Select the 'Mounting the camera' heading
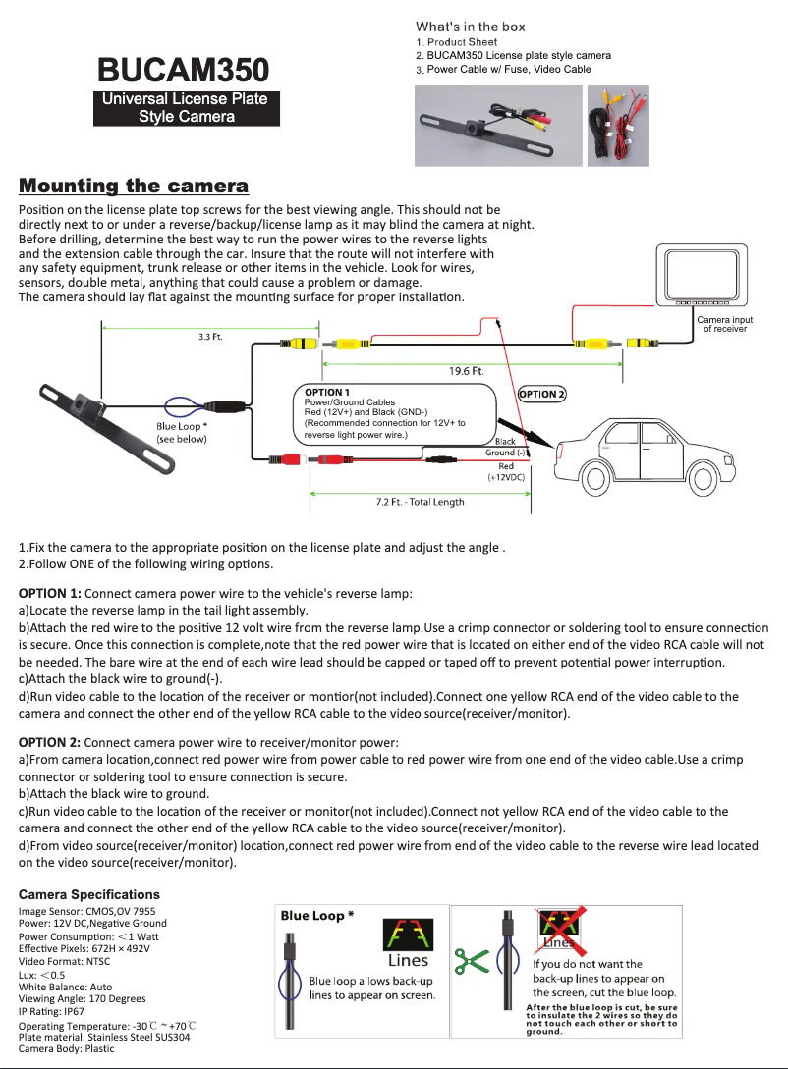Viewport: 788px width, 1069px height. click(x=135, y=186)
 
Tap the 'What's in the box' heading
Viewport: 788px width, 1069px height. click(x=470, y=27)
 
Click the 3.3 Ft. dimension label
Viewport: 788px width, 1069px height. click(x=210, y=337)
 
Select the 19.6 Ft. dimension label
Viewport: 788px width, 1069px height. click(x=466, y=371)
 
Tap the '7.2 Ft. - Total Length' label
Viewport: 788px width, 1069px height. click(x=420, y=502)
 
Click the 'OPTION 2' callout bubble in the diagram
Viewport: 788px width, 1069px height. click(x=542, y=394)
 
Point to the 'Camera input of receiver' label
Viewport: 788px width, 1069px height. click(x=724, y=324)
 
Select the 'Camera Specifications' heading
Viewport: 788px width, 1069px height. click(x=88, y=894)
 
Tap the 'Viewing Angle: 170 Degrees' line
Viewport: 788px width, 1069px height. click(x=82, y=998)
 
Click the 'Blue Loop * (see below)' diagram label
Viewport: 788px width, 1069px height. click(x=182, y=433)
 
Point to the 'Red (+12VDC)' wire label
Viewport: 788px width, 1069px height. click(x=506, y=471)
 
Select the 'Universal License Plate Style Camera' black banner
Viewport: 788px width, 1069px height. click(x=187, y=107)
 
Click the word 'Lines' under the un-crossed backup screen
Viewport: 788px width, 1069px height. click(x=408, y=961)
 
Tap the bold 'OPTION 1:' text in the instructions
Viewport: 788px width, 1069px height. click(x=50, y=593)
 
